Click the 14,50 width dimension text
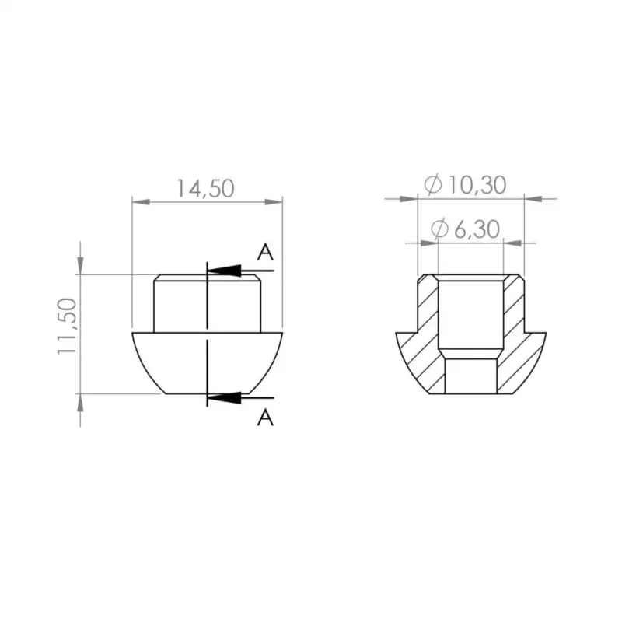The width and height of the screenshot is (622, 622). [x=205, y=189]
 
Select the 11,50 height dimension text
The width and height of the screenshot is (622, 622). [x=68, y=326]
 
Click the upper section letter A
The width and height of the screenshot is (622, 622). [x=265, y=253]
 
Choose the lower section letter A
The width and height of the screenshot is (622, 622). [x=265, y=418]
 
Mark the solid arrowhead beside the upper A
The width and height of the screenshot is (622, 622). [x=225, y=270]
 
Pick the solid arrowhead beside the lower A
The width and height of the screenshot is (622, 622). [x=225, y=398]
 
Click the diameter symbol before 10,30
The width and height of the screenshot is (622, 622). [x=432, y=185]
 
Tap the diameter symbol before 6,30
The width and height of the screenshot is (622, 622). [x=440, y=229]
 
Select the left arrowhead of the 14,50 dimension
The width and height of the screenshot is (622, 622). [x=141, y=202]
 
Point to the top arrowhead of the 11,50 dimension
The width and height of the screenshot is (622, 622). [x=80, y=265]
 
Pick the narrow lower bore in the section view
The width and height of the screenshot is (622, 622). [x=470, y=375]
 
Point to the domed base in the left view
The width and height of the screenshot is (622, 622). [x=171, y=362]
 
